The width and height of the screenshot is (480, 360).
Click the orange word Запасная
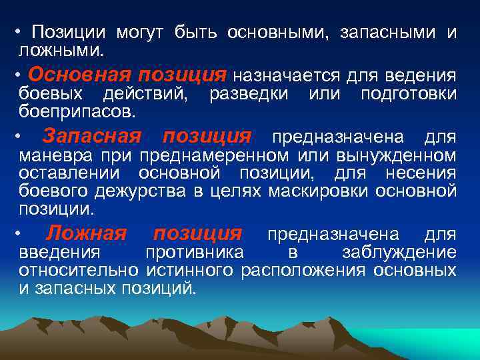pyautogui.click(x=91, y=137)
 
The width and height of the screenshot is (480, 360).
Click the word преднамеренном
pyautogui.click(x=213, y=157)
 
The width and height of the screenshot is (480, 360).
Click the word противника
pyautogui.click(x=194, y=253)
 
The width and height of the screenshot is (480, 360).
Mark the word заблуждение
pyautogui.click(x=399, y=253)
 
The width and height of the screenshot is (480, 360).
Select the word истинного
pyautogui.click(x=189, y=271)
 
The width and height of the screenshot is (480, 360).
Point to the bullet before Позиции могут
pyautogui.click(x=21, y=33)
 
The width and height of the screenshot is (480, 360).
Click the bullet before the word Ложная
pyautogui.click(x=23, y=234)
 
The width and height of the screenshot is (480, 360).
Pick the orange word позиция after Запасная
pyautogui.click(x=207, y=137)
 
